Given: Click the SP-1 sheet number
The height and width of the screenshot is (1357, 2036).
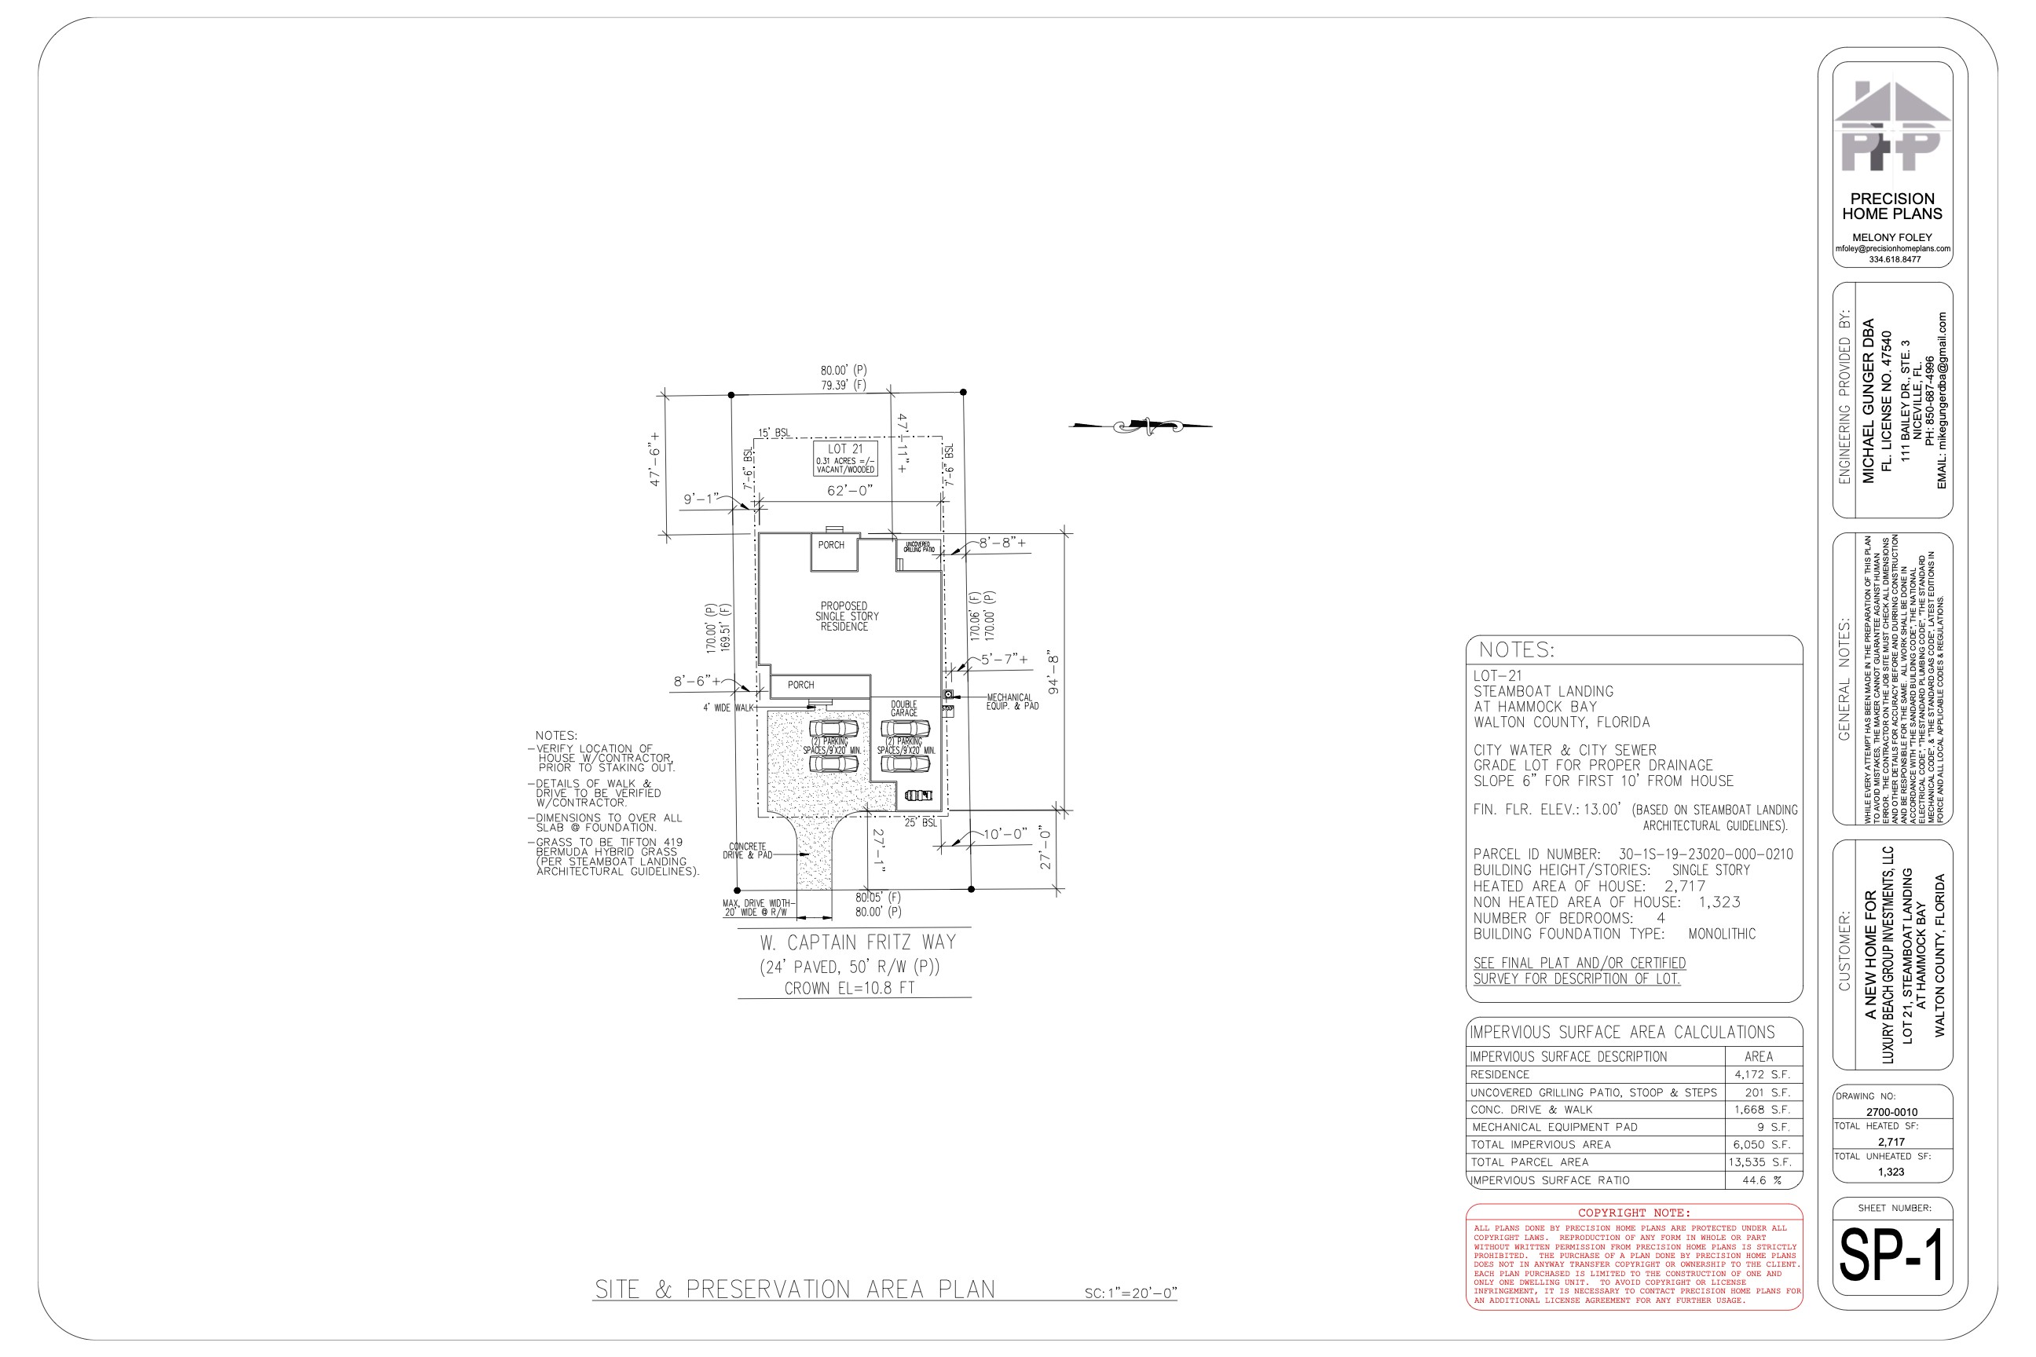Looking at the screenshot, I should point(1891,1254).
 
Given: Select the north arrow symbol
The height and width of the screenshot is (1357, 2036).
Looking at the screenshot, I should point(1141,425).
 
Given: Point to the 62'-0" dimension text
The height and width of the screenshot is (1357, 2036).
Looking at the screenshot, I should point(849,491).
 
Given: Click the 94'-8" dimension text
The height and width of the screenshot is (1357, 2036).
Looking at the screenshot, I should point(1053,673).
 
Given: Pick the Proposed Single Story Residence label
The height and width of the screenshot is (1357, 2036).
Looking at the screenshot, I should point(846,616).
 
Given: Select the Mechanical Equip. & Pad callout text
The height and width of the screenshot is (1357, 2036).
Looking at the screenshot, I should point(1011,702).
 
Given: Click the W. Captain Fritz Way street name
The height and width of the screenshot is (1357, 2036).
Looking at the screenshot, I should point(858,942).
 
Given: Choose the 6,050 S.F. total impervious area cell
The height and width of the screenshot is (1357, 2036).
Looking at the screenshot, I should point(1762,1144).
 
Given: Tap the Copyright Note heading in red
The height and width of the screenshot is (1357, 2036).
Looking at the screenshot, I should point(1634,1213).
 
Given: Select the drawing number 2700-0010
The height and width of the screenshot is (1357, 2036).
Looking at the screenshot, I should point(1891,1112).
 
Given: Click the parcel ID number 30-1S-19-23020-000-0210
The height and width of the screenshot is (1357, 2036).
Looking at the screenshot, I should point(1705,854).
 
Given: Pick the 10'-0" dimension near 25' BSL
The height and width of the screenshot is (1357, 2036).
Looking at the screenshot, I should point(1004,834).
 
